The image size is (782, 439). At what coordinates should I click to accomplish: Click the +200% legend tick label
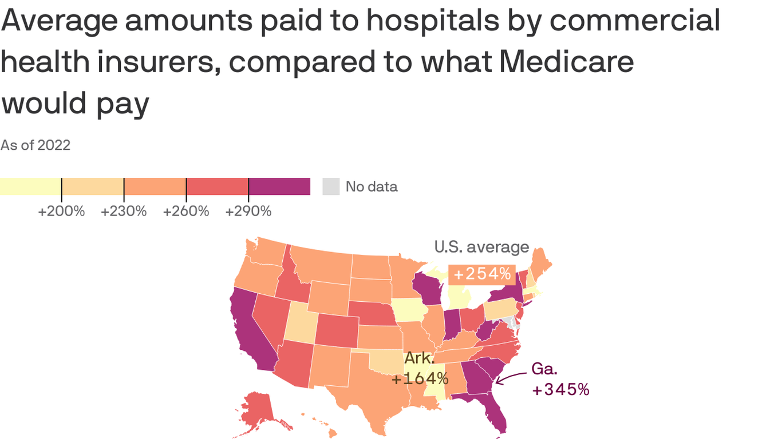click(x=61, y=211)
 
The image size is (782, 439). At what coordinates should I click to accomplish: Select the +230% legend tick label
click(x=124, y=211)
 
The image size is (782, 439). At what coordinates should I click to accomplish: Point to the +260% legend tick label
click(x=186, y=211)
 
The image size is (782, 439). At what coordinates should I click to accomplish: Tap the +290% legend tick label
click(x=248, y=211)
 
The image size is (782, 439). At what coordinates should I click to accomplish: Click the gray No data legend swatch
click(x=331, y=186)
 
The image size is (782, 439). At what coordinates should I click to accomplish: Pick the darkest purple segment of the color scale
click(x=279, y=186)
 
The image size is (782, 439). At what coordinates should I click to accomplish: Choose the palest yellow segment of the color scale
click(x=30, y=186)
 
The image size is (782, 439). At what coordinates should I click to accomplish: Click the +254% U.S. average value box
click(x=482, y=274)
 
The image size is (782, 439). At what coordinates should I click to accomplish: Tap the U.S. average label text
click(x=481, y=247)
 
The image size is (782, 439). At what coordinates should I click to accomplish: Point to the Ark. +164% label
click(x=420, y=369)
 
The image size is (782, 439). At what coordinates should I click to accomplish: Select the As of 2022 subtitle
click(x=35, y=145)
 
